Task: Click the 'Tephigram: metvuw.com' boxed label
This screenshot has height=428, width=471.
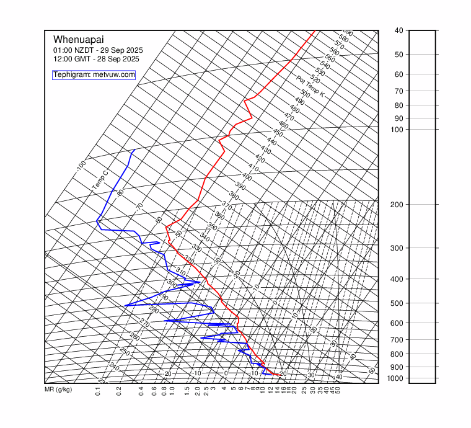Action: point(94,75)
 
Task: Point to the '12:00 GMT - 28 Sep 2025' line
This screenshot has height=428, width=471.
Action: point(96,59)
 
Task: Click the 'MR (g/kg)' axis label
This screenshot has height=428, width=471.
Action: point(58,390)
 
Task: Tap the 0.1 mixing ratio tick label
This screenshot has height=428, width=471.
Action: point(98,391)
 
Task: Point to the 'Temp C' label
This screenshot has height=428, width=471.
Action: point(100,180)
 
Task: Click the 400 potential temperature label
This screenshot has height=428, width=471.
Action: point(247,177)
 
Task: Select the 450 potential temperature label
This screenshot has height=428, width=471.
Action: point(278,133)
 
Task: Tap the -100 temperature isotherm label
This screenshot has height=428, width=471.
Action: point(81,166)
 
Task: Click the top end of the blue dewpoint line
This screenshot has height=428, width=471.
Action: point(135,149)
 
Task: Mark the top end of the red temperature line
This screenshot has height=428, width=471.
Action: point(315,30)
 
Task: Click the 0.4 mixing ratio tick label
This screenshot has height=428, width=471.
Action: point(141,391)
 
